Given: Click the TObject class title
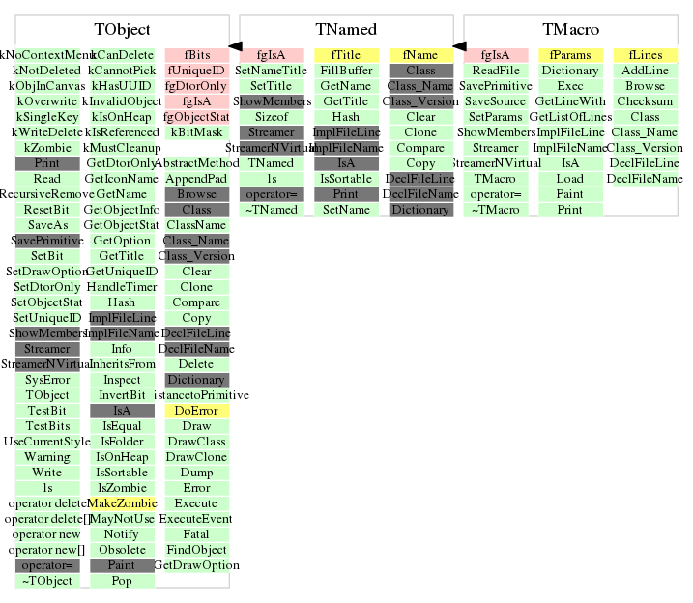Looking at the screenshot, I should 122,31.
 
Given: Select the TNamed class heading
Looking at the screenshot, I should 346,31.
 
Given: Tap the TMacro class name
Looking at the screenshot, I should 571,31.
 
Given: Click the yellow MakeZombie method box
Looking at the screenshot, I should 122,503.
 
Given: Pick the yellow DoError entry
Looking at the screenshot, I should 196,411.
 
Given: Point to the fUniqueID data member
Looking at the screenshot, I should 196,71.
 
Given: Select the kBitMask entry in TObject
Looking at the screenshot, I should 196,132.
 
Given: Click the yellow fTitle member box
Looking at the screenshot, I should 345,55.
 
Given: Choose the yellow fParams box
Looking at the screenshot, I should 570,55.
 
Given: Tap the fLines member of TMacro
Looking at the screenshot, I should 645,55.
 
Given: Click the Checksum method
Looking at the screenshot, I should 645,101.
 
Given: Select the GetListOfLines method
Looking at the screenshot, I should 570,117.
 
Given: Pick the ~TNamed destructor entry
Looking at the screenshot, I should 271,210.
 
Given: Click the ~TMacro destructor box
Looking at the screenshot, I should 496,210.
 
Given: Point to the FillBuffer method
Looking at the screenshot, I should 345,71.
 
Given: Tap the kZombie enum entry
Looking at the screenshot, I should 47,148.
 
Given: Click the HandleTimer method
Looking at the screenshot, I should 122,287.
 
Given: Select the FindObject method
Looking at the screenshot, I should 196,550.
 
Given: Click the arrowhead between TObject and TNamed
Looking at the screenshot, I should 235,45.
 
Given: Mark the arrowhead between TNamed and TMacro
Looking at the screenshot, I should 459,45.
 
